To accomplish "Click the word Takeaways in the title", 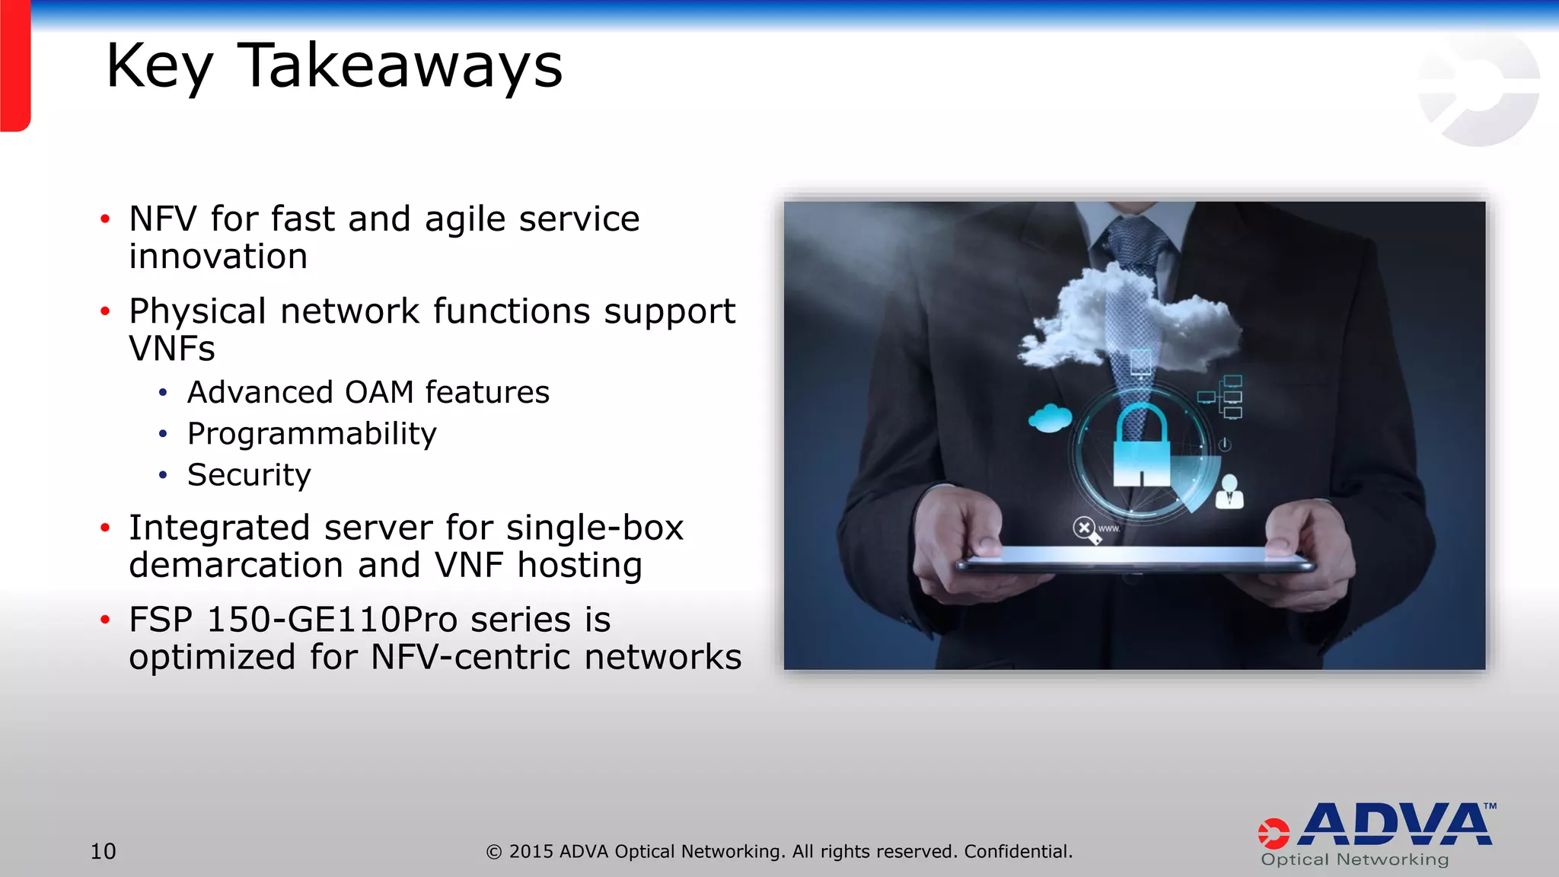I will pyautogui.click(x=400, y=67).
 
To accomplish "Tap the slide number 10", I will pyautogui.click(x=104, y=851).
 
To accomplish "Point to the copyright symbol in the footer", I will pyautogui.click(x=494, y=852).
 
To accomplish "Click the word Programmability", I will pyautogui.click(x=312, y=434).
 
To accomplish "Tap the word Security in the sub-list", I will pyautogui.click(x=249, y=475).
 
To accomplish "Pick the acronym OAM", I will pyautogui.click(x=379, y=393).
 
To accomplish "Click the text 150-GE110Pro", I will pyautogui.click(x=332, y=620).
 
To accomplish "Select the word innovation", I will pyautogui.click(x=218, y=257).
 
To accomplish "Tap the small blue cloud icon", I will pyautogui.click(x=1050, y=418).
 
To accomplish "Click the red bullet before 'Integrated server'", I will pyautogui.click(x=105, y=528).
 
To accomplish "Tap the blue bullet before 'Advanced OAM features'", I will pyautogui.click(x=162, y=393).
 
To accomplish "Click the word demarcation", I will pyautogui.click(x=236, y=566).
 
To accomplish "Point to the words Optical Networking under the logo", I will pyautogui.click(x=1355, y=859).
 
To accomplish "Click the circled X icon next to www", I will pyautogui.click(x=1084, y=527).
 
